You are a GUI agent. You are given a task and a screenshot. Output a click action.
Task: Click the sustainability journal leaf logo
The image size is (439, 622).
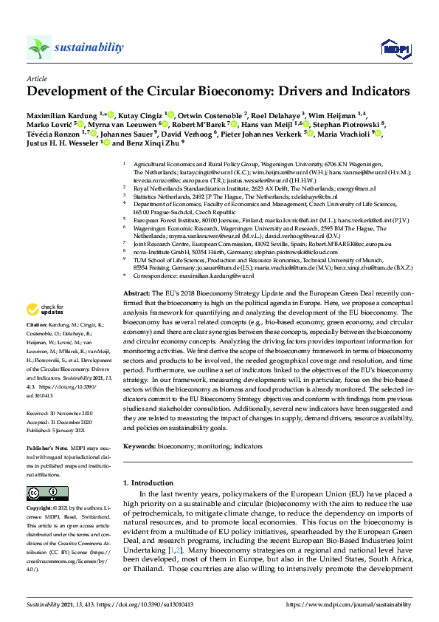38,47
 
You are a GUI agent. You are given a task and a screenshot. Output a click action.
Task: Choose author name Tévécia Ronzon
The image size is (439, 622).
52,134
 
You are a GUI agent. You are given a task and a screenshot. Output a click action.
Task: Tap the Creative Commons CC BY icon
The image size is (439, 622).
38,493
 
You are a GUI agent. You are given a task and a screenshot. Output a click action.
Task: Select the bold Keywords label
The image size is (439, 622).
141,445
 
